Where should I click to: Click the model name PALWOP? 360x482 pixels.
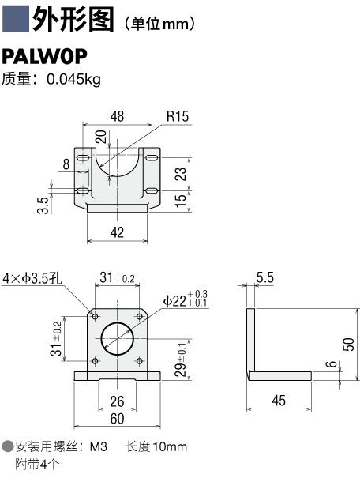(44, 56)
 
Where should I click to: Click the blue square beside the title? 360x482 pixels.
(16, 18)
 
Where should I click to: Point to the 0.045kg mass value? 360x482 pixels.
(73, 79)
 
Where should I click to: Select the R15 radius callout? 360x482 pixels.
(177, 116)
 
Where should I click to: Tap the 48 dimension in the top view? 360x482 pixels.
(118, 116)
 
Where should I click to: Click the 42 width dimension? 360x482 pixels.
(117, 232)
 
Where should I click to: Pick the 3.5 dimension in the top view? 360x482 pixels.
(43, 205)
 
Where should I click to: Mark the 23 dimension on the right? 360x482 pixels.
(180, 174)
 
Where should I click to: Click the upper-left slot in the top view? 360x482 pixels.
(83, 158)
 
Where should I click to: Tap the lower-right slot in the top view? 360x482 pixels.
(152, 191)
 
